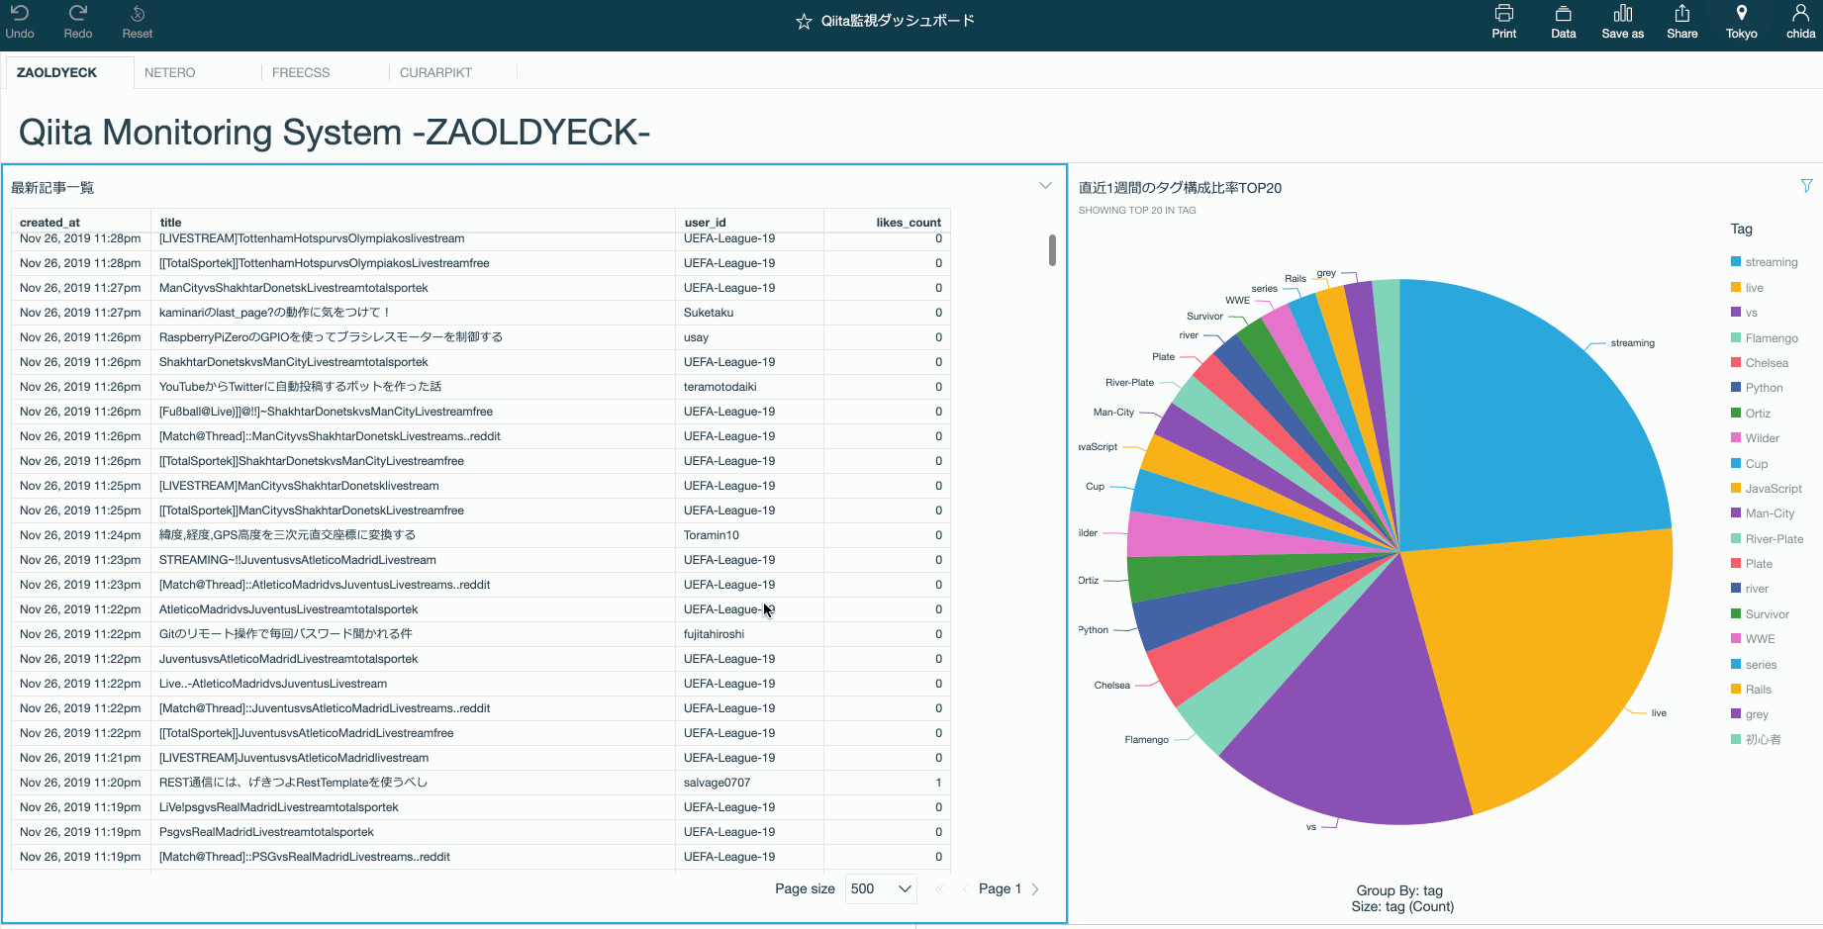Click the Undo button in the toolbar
tap(20, 21)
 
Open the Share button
tap(1681, 21)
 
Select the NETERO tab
tap(170, 72)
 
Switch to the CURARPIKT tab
tap(435, 72)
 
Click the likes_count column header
tap(908, 223)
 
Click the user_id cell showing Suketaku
tap(709, 313)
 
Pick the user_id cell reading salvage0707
tap(717, 783)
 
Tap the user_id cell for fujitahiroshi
tap(714, 634)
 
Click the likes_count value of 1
tap(938, 783)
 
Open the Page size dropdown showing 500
tap(880, 888)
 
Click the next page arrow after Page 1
tap(1035, 888)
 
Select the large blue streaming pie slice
tap(1524, 416)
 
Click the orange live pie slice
tap(1544, 663)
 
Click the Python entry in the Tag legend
tap(1764, 388)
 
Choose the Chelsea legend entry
tap(1767, 363)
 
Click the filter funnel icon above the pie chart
tap(1806, 186)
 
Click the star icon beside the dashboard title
tap(804, 22)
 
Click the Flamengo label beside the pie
tap(1146, 740)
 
